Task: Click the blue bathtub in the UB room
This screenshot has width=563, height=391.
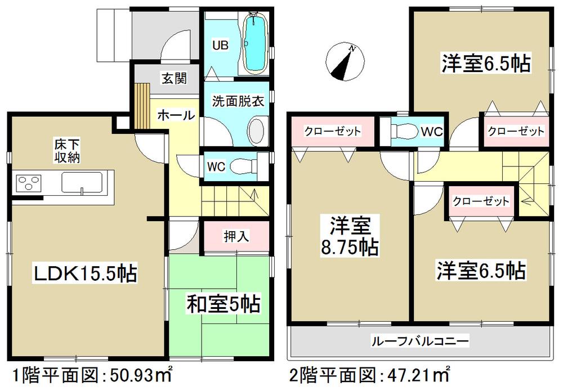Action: [256, 44]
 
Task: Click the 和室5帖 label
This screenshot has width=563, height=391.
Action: [223, 304]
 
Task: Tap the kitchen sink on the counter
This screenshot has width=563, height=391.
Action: [82, 183]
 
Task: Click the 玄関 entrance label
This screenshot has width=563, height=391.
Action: [175, 79]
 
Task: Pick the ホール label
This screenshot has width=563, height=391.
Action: [176, 116]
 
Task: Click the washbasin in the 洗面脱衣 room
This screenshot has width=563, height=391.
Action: [256, 131]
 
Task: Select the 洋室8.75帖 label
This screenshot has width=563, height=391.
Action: [350, 237]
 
